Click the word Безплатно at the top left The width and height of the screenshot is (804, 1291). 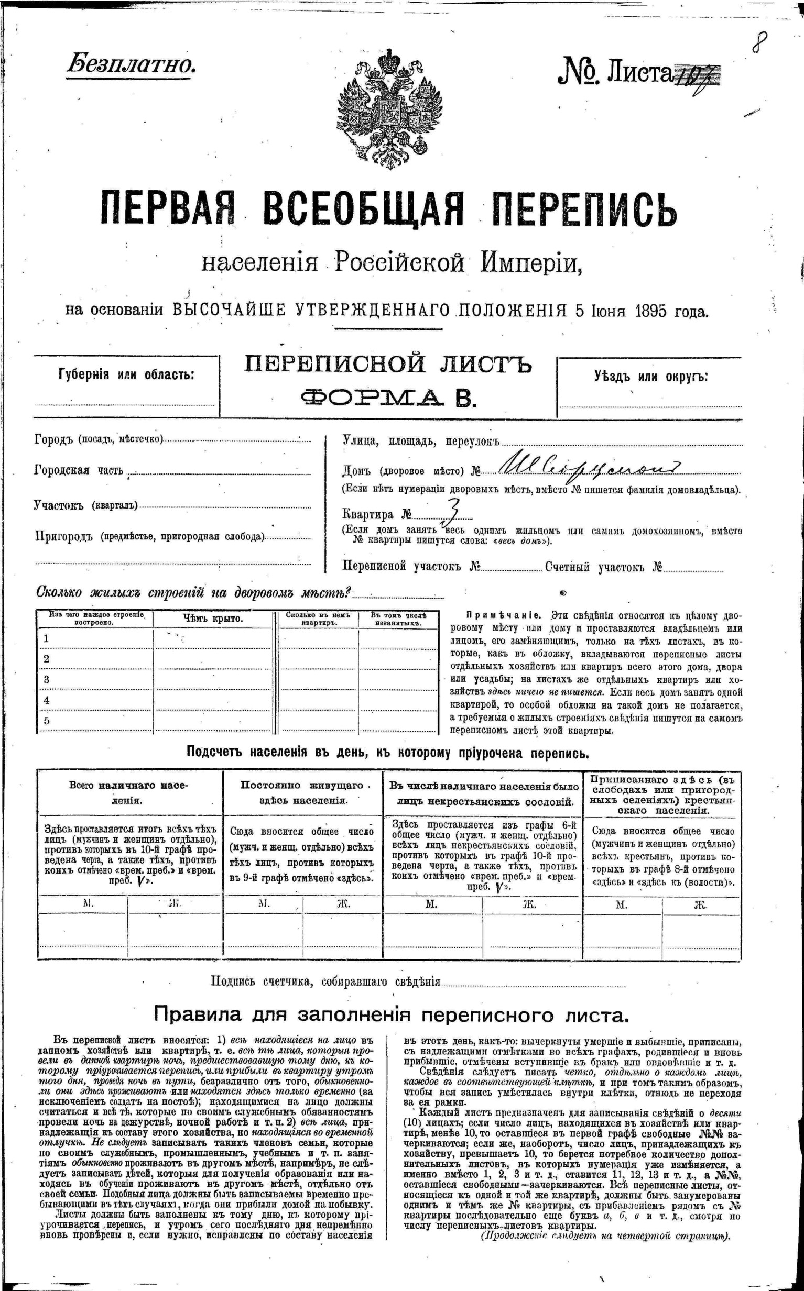(x=131, y=65)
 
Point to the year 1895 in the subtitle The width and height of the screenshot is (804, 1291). (x=650, y=310)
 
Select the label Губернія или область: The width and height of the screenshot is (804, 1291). (x=126, y=374)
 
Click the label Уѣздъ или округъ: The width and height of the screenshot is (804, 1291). (x=650, y=377)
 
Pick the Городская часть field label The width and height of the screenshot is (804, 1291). (x=79, y=470)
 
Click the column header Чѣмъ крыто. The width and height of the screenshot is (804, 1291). (x=213, y=619)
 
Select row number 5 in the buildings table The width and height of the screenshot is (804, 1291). (x=47, y=721)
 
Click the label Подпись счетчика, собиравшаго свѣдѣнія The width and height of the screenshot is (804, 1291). (x=325, y=981)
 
